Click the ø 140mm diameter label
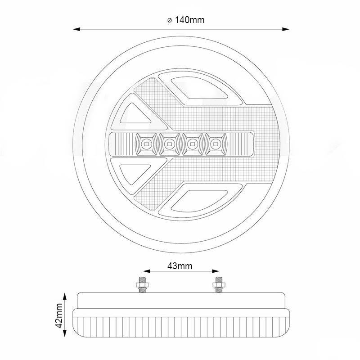pos(181,20)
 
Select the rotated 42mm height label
pos(58,316)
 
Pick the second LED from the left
pos(170,144)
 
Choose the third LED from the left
pos(192,144)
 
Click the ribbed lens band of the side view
pos(180,325)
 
